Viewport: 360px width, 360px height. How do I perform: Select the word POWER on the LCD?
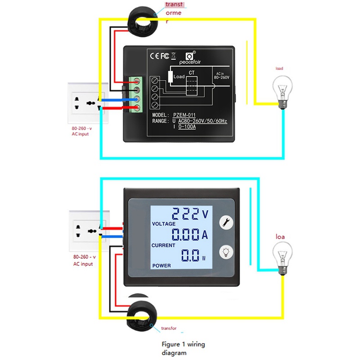(162, 265)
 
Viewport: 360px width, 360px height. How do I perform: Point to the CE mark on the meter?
(153, 56)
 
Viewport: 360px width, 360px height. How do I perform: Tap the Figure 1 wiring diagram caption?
(183, 348)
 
